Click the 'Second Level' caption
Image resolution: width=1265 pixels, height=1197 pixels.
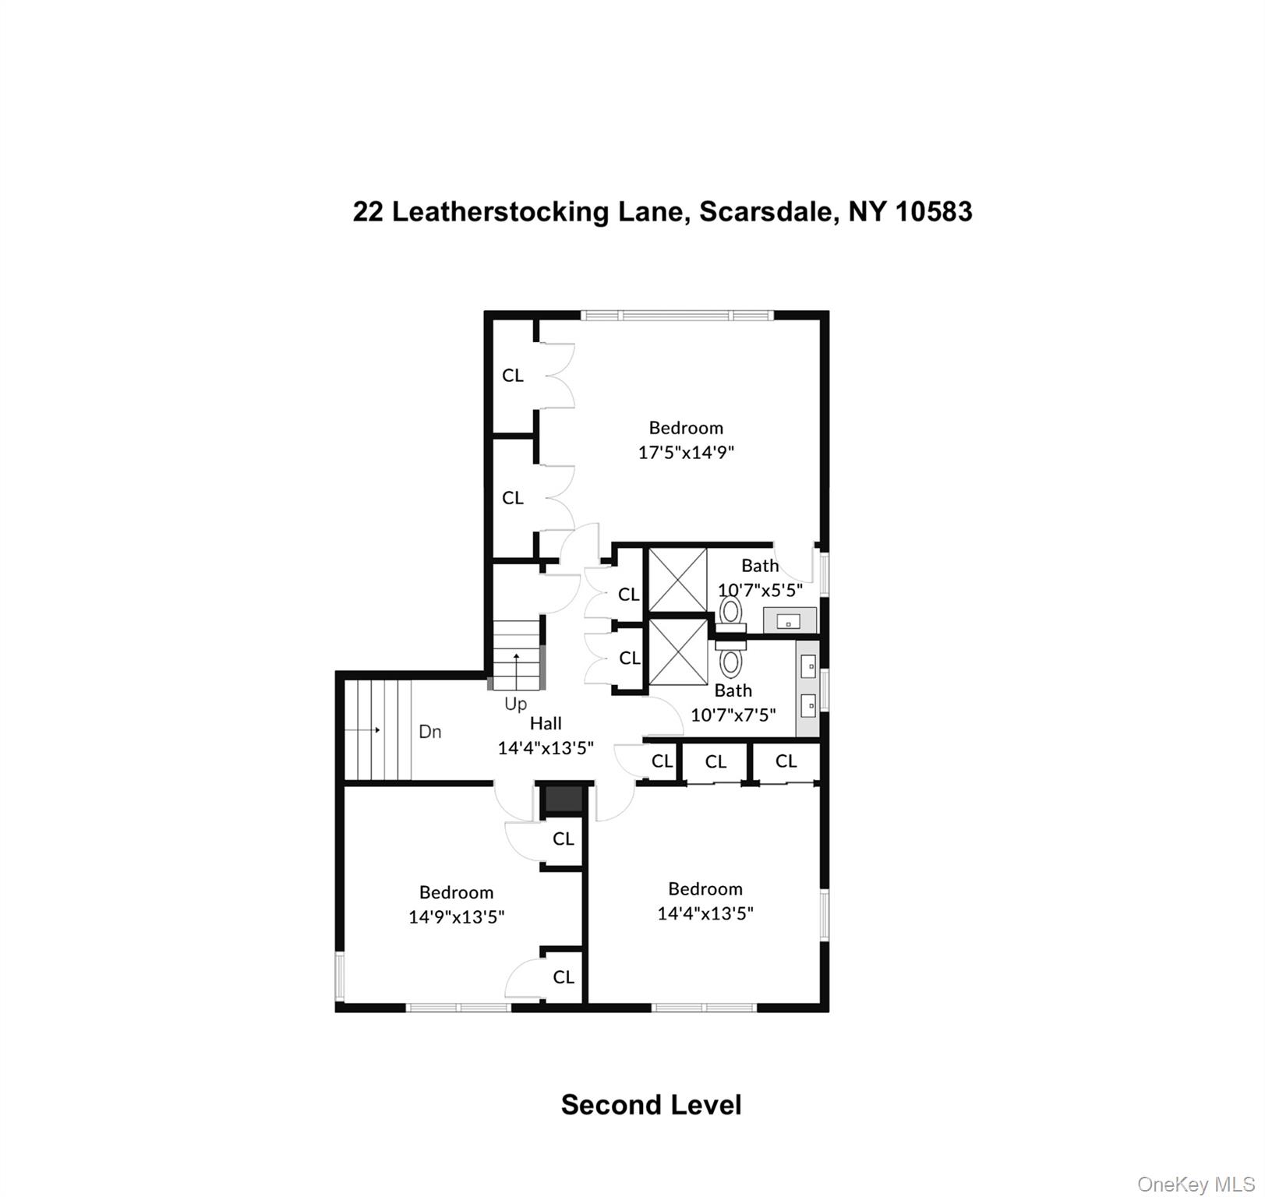point(651,1104)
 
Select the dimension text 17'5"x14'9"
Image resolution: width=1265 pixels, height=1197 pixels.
point(686,452)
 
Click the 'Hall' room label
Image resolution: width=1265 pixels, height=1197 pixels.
point(546,723)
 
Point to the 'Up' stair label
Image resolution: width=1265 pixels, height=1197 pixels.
point(515,704)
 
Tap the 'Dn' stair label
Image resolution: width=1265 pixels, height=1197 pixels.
point(430,732)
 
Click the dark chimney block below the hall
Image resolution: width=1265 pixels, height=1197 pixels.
point(563,800)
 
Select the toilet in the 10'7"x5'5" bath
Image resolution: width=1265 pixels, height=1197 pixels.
point(730,612)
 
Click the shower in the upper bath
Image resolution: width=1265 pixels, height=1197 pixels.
point(677,579)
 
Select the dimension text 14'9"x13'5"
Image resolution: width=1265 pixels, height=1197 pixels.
point(456,917)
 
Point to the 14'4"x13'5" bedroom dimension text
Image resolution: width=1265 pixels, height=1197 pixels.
point(705,913)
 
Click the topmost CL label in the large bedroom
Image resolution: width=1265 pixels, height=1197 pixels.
point(513,376)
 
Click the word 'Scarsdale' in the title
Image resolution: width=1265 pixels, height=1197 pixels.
point(768,211)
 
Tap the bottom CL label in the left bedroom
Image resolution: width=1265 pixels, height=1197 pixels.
point(564,977)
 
